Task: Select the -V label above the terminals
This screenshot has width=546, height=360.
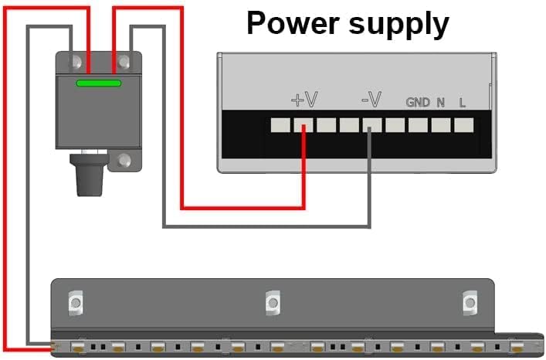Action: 371,100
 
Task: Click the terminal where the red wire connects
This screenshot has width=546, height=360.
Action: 304,124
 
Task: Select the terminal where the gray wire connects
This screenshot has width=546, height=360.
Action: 371,124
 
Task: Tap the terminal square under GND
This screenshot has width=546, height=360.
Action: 418,124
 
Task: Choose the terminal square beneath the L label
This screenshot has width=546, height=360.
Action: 463,124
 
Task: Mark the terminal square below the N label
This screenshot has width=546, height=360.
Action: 441,124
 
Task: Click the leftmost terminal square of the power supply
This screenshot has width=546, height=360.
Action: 280,124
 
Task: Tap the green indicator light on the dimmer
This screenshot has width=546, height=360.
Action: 98,82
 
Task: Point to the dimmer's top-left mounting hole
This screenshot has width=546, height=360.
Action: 76,60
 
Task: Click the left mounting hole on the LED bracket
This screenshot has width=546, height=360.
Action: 75,302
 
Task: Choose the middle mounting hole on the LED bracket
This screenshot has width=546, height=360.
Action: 271,302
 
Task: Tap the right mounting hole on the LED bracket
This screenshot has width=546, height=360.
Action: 469,302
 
